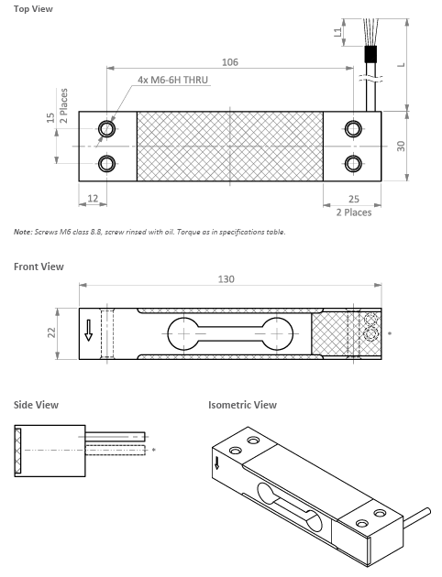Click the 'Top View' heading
pyautogui.click(x=32, y=8)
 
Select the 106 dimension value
pyautogui.click(x=230, y=61)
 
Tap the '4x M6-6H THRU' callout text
pyautogui.click(x=173, y=81)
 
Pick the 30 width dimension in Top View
pyautogui.click(x=401, y=147)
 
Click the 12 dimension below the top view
pyautogui.click(x=93, y=199)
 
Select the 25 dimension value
pyautogui.click(x=353, y=199)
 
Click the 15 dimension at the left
pyautogui.click(x=51, y=118)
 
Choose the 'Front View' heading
pyautogui.click(x=39, y=267)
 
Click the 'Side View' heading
pyautogui.click(x=36, y=404)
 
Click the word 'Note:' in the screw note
pyautogui.click(x=24, y=232)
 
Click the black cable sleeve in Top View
pyautogui.click(x=371, y=54)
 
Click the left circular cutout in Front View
pyautogui.click(x=182, y=334)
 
